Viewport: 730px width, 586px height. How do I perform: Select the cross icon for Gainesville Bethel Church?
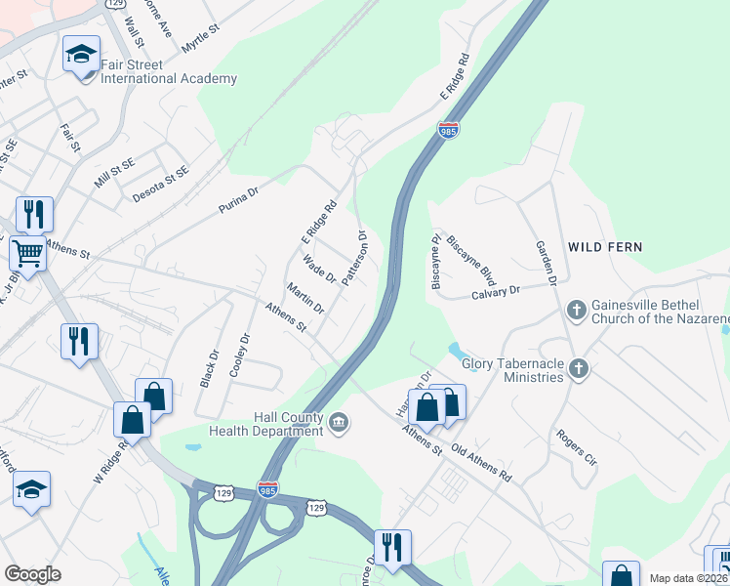(x=577, y=310)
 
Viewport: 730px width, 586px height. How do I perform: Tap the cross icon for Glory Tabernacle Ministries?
(x=580, y=368)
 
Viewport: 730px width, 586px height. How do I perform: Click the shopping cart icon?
(x=27, y=254)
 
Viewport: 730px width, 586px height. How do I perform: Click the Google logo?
(x=33, y=573)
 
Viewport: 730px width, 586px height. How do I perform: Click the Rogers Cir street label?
(x=576, y=446)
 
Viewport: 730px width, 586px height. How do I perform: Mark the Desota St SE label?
(x=161, y=182)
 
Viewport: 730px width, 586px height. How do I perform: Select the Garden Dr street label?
(x=545, y=264)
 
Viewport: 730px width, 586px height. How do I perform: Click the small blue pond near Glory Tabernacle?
(x=454, y=350)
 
